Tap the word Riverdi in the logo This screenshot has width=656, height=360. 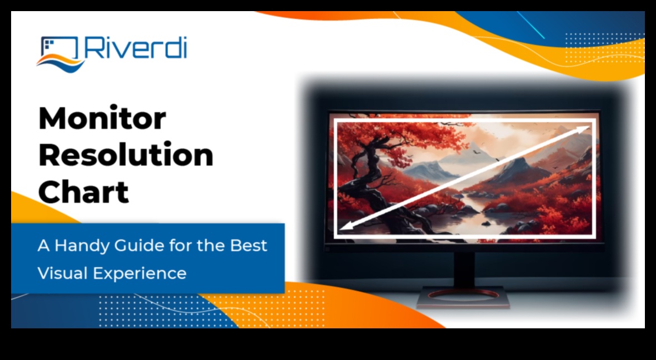point(136,48)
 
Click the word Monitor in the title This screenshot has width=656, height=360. point(102,118)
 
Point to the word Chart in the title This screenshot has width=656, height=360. point(83,192)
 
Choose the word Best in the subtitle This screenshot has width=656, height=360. point(249,246)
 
